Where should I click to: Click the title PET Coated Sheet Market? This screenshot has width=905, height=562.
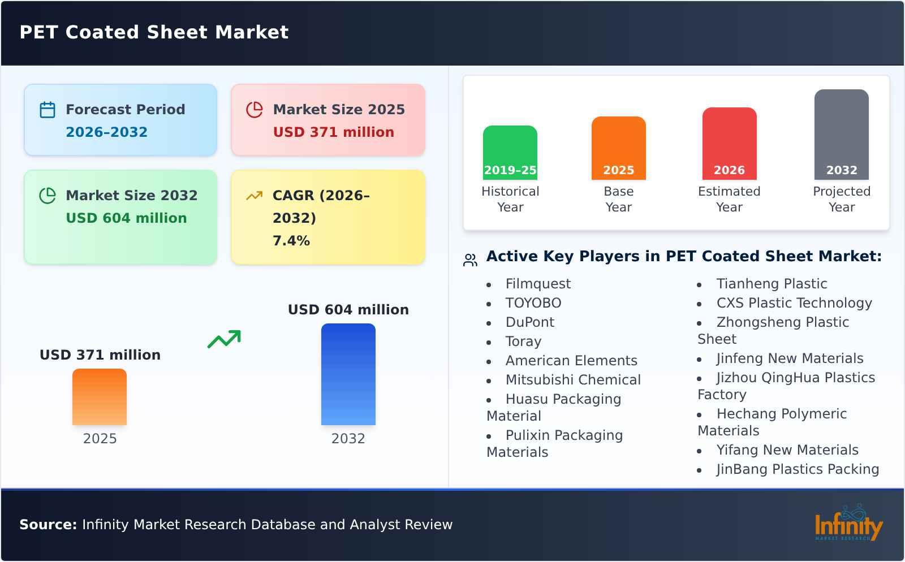click(154, 32)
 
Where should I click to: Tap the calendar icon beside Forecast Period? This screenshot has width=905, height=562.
click(48, 110)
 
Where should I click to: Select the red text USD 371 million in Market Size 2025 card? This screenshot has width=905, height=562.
click(333, 132)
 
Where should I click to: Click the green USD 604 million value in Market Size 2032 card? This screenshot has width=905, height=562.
click(126, 218)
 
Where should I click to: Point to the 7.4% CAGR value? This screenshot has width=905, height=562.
click(291, 241)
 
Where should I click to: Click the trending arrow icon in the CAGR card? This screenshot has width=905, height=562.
click(254, 196)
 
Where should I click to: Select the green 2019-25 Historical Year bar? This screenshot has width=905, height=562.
click(510, 152)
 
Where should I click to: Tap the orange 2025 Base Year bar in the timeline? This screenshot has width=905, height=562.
click(618, 148)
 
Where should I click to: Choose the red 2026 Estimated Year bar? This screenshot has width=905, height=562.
click(729, 143)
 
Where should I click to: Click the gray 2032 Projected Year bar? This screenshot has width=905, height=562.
click(841, 134)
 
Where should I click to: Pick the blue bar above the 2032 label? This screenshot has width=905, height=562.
click(348, 374)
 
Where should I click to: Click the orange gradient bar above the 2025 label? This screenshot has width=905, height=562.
click(100, 396)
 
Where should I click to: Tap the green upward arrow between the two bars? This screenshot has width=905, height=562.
click(224, 339)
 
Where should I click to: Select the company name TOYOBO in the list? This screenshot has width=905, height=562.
click(533, 303)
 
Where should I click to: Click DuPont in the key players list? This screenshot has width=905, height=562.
click(529, 322)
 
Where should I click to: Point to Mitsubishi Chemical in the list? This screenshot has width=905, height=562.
click(572, 380)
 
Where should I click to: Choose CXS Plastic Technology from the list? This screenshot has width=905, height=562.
click(794, 303)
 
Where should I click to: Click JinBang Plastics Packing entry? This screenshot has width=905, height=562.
click(797, 469)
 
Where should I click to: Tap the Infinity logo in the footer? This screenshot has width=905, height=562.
click(848, 524)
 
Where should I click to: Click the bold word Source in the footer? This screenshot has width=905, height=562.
click(48, 525)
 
